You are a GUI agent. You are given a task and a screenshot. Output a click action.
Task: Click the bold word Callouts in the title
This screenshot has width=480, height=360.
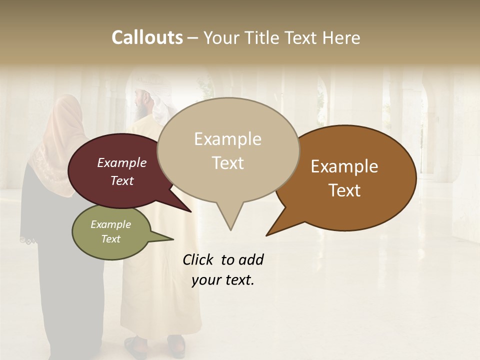pos(147,37)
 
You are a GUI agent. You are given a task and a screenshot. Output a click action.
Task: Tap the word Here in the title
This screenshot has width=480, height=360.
pos(342,37)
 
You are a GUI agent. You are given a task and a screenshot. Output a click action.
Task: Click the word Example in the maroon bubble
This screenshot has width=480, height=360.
pos(121,162)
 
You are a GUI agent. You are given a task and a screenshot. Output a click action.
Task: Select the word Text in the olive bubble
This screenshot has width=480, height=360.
pos(110,239)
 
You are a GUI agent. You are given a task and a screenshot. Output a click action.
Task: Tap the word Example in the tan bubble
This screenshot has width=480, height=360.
pos(227,138)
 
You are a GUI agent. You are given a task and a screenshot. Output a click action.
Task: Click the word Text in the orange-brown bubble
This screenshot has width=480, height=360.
pos(344,190)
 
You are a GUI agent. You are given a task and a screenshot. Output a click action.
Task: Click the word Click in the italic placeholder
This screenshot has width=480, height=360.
pos(198,259)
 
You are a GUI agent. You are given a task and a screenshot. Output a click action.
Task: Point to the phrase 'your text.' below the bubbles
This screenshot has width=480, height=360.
pos(222,280)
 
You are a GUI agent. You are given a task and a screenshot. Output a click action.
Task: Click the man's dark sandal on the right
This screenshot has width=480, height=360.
pos(176,344)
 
